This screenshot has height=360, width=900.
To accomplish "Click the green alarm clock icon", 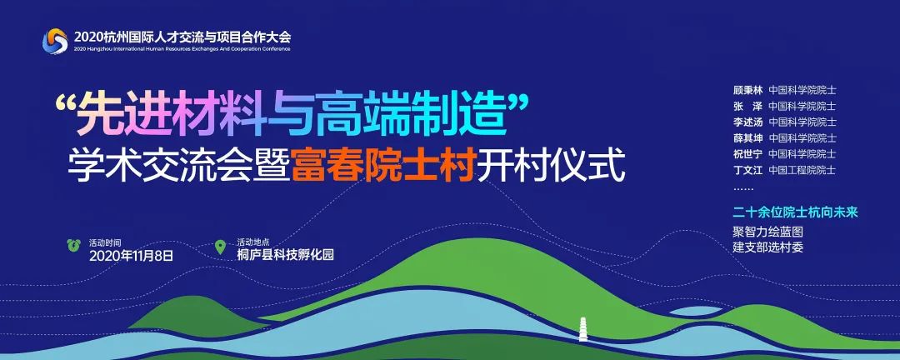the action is [74, 246].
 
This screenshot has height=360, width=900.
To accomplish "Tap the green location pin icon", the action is [220, 247].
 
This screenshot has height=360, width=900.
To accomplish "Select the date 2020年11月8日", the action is [131, 256].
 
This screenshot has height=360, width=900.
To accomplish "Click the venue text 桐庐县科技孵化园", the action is [285, 256].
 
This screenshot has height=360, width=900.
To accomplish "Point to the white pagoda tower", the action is [583, 329].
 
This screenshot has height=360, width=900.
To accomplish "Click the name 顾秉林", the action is [747, 90].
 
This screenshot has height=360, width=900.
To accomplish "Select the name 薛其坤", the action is [747, 138].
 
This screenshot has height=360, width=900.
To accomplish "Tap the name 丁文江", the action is [747, 171].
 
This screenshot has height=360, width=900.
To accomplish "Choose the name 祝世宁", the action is [747, 154].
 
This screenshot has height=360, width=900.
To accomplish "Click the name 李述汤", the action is [747, 122].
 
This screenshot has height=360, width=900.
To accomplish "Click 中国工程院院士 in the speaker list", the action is [802, 171].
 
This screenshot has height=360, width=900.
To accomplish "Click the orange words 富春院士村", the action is [383, 165].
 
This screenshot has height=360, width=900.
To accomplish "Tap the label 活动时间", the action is [105, 242].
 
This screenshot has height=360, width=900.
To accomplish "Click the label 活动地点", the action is [253, 242].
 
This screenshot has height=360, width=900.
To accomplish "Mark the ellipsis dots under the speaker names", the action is [742, 189].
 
